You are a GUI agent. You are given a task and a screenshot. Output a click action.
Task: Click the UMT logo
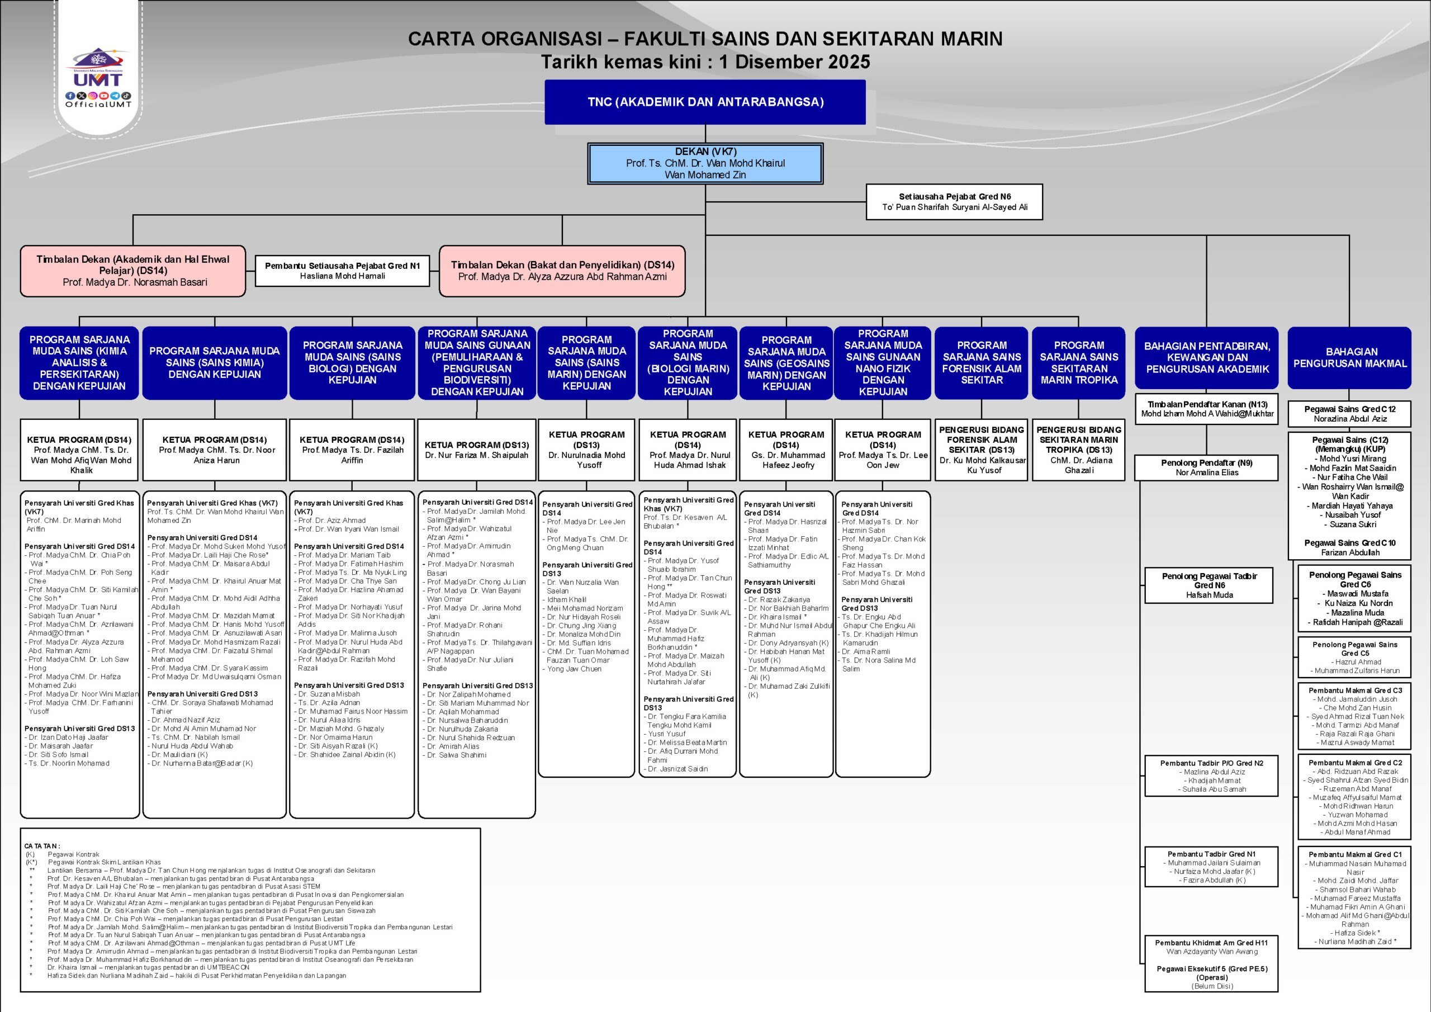click(98, 69)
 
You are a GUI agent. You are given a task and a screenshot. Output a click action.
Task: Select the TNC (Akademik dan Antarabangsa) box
click(705, 102)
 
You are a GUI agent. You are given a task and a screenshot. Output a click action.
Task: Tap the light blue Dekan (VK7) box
click(705, 163)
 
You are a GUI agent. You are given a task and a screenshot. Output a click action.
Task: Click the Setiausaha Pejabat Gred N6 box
click(954, 201)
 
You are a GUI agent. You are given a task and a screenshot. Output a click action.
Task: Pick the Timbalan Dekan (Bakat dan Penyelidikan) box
click(562, 271)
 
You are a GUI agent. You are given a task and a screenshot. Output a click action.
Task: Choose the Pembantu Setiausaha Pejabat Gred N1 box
click(342, 271)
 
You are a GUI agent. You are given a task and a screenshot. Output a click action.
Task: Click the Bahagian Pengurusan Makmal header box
click(1349, 357)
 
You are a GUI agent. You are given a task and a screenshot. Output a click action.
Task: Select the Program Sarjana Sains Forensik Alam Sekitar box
click(981, 362)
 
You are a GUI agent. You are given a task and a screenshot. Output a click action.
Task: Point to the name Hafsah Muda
click(1209, 595)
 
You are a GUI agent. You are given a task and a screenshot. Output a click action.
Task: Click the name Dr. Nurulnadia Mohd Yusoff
click(586, 460)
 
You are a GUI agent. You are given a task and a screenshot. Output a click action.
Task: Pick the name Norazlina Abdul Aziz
click(1350, 419)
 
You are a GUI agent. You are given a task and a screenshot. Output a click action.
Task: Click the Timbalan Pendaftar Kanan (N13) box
click(1207, 409)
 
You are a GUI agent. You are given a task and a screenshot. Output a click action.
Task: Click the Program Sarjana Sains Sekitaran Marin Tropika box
click(1078, 362)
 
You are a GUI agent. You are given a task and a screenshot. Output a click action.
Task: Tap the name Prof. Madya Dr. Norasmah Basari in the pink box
click(135, 282)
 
